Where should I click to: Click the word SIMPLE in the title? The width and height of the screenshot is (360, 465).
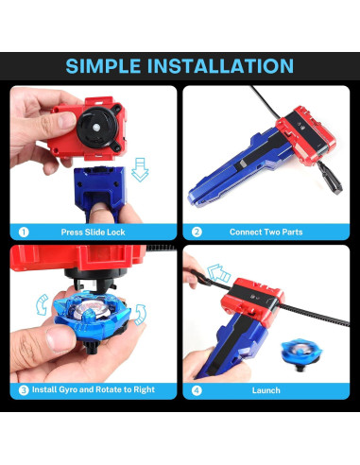tap(103, 66)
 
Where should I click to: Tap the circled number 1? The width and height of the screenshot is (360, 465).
tap(24, 232)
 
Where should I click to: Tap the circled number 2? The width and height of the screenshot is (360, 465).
tap(197, 232)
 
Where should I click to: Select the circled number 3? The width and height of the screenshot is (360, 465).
tap(24, 390)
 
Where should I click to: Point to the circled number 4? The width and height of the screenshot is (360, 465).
tap(197, 390)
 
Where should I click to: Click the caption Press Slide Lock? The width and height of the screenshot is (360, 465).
tap(93, 232)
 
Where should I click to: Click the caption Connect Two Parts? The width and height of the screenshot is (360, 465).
tap(266, 232)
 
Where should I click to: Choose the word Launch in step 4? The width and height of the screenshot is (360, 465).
tap(266, 390)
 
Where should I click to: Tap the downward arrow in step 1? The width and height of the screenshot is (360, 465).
tap(140, 170)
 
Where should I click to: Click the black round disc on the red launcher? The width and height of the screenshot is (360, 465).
tap(97, 128)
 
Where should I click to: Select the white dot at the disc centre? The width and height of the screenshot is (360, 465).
tap(96, 128)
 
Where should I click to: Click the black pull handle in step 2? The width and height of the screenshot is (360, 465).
tap(330, 178)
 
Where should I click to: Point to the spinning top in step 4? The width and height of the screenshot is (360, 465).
tap(301, 353)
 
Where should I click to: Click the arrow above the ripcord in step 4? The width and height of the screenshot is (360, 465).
tap(218, 273)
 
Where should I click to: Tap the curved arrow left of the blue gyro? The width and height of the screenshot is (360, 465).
tap(42, 304)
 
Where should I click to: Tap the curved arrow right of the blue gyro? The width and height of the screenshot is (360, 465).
tap(141, 314)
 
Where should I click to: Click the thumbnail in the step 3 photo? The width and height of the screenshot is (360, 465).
tap(60, 338)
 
